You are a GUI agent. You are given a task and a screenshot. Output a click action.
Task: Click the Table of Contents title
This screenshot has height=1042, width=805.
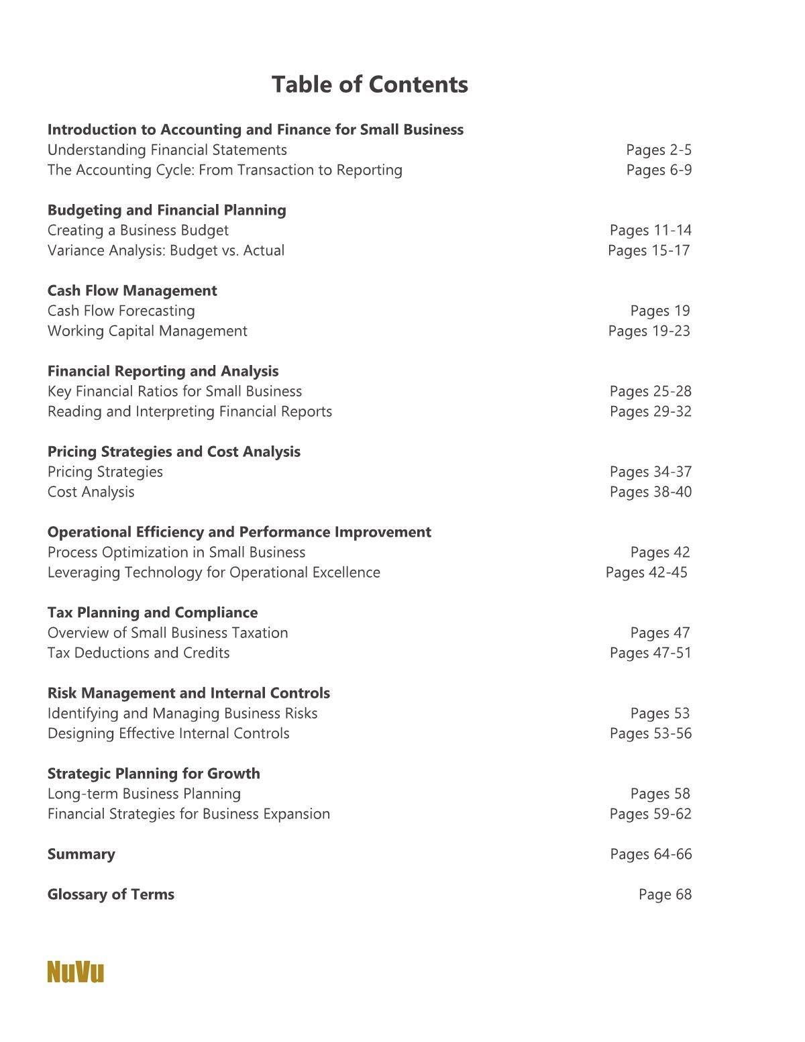coord(370,85)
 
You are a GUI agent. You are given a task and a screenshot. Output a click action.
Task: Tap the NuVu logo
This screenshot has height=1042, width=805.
coord(76,972)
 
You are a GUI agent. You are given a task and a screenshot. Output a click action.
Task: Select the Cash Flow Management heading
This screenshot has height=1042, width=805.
coord(132,291)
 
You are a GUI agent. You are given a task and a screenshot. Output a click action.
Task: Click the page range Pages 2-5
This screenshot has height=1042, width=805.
coord(658,150)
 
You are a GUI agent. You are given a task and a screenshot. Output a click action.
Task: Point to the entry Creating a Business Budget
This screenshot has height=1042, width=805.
coord(138,230)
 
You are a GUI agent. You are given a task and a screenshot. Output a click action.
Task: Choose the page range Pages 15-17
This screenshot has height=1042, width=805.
coord(649,250)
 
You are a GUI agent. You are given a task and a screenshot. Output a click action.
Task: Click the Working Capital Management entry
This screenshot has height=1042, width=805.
coord(147,331)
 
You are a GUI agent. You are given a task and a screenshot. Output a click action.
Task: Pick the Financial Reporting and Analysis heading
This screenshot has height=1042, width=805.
coord(163,371)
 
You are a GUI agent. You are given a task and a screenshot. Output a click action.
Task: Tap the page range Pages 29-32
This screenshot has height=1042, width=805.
coord(650,411)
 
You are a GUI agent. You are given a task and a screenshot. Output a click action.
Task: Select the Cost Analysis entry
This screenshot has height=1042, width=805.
coord(91,492)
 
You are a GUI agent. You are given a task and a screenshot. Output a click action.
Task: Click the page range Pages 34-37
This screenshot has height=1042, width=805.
coord(650,472)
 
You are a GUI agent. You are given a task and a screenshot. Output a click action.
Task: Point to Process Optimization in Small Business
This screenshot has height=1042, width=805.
coord(176,552)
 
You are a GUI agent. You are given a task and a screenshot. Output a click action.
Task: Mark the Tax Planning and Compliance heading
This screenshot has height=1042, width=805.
coord(152,613)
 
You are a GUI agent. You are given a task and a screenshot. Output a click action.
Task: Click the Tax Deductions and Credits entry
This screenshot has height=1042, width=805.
coord(138,653)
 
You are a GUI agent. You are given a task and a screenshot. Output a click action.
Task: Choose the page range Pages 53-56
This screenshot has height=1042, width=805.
coord(650,733)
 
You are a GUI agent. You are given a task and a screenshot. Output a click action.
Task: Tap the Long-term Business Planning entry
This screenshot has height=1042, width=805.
coord(144,794)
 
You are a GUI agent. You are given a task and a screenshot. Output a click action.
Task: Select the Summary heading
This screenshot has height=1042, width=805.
coord(81,854)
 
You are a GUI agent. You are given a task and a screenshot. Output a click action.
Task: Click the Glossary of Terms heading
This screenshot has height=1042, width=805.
coord(111,894)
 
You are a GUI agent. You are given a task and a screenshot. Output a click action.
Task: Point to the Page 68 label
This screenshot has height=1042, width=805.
coord(664,894)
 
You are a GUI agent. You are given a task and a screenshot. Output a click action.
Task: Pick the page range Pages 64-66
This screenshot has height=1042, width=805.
coord(651,854)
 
